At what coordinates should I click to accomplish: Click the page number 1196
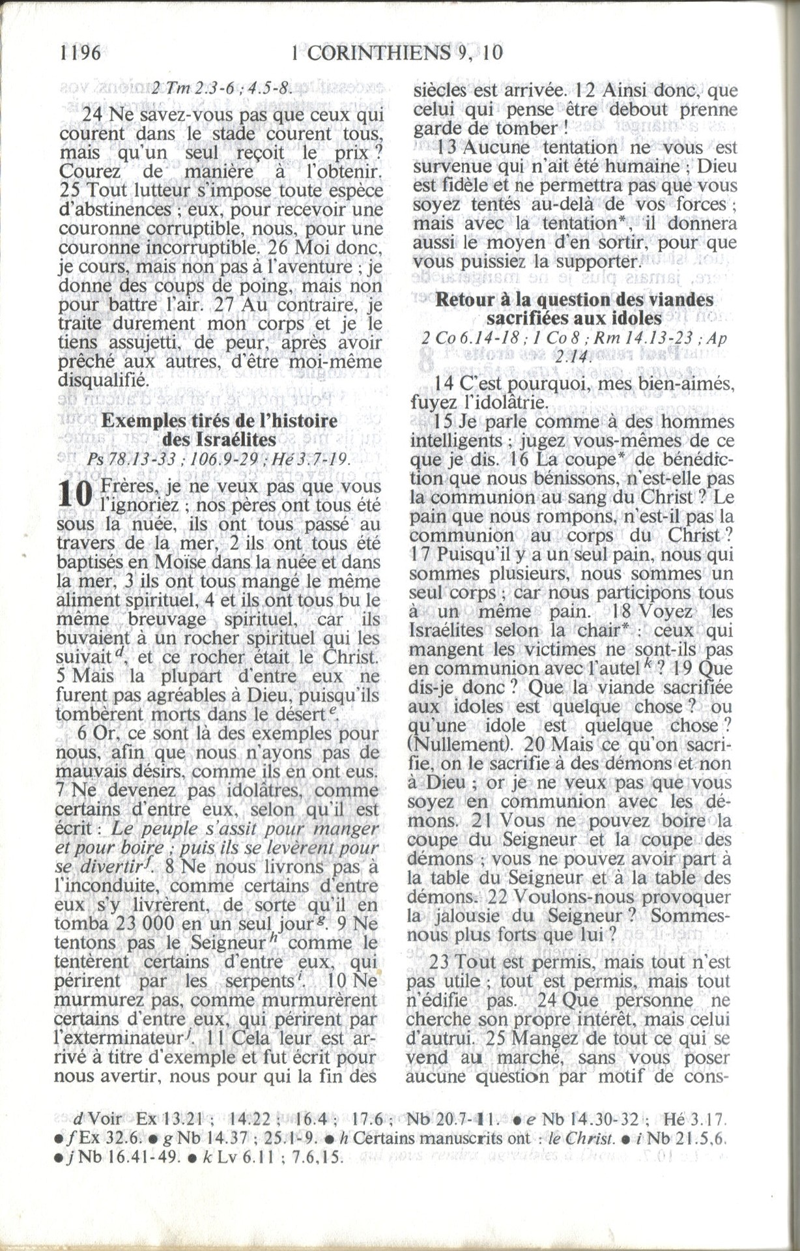point(80,53)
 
